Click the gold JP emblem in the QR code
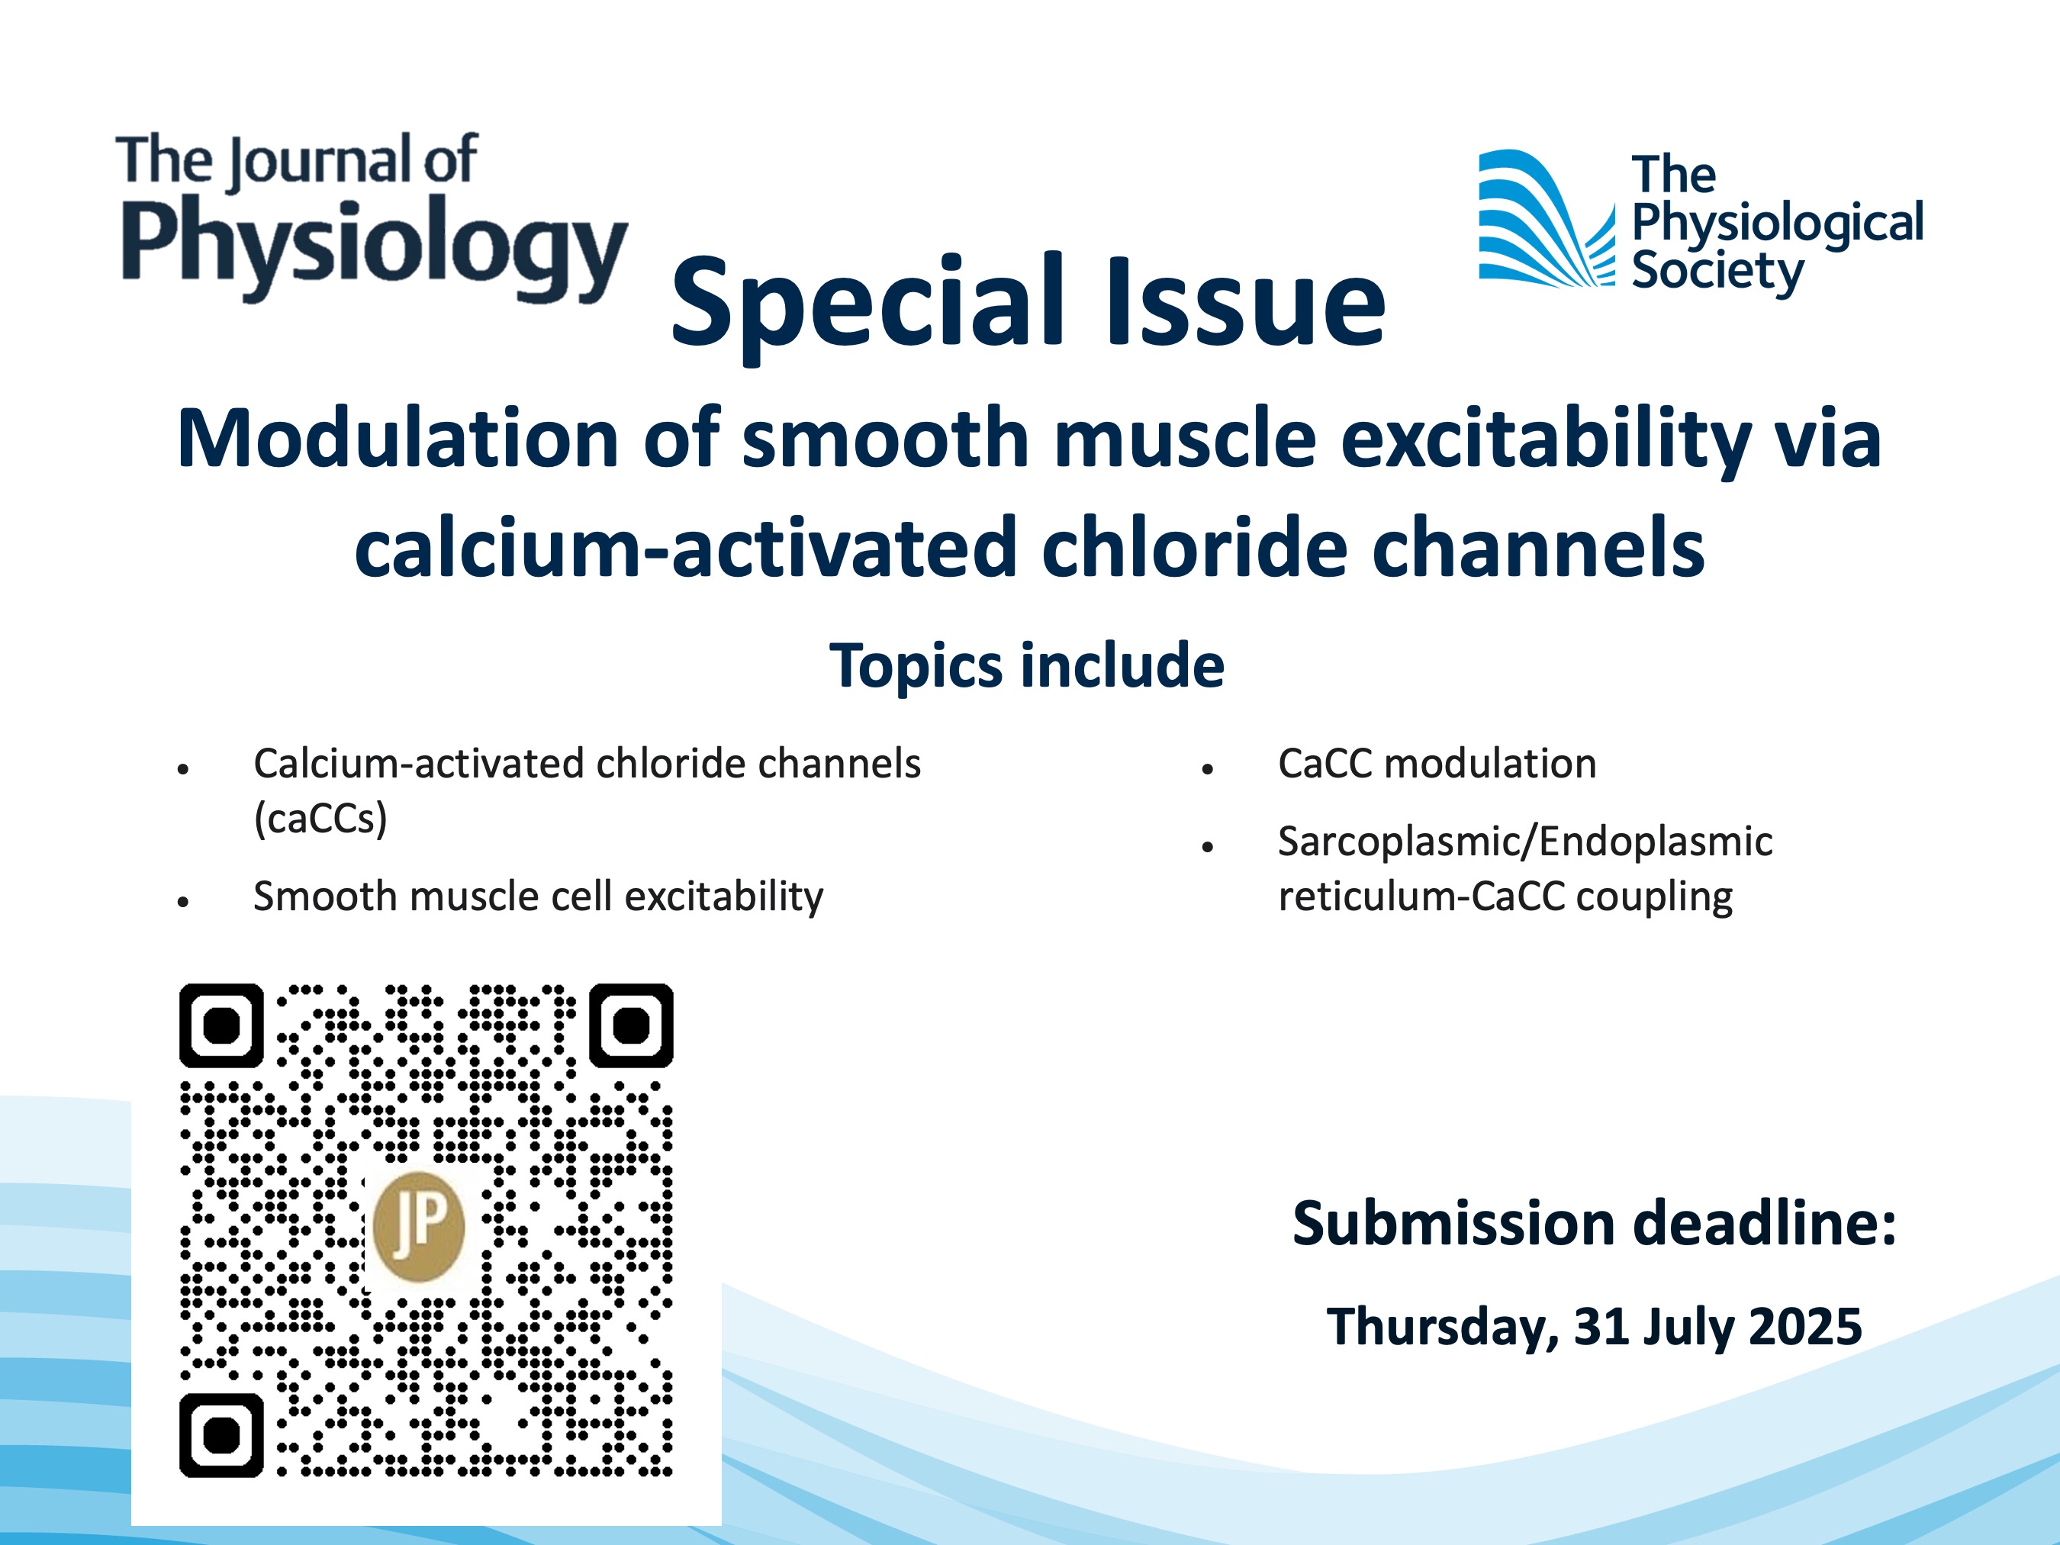(x=418, y=1225)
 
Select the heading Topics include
(x=1026, y=665)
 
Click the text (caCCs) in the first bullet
(x=320, y=819)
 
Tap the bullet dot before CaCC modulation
(x=1208, y=769)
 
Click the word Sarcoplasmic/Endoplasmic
(x=1525, y=842)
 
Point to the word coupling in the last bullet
(x=1654, y=896)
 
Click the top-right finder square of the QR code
(x=632, y=1025)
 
